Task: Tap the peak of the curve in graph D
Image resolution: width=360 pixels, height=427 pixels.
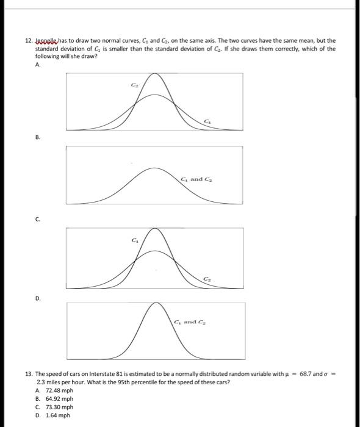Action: [x=156, y=306]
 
